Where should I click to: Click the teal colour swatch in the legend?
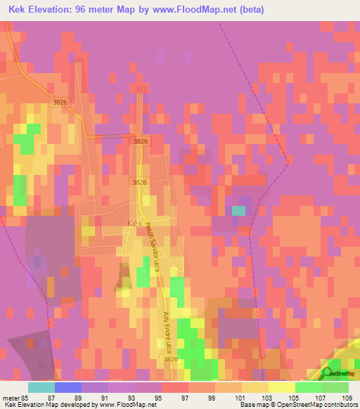[x=41, y=387]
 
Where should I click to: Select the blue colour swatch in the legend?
[x=68, y=387]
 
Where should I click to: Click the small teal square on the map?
[x=239, y=210]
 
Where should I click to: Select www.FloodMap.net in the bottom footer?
[x=127, y=405]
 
